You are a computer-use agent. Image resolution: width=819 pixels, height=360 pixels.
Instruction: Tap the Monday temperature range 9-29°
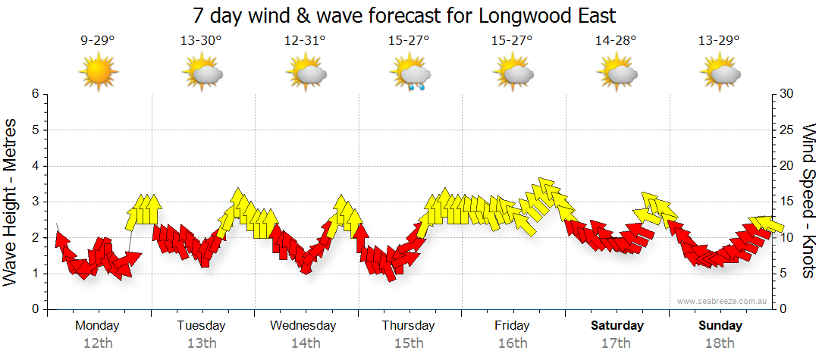tap(97, 40)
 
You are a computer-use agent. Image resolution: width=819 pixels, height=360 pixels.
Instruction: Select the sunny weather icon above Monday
tap(99, 73)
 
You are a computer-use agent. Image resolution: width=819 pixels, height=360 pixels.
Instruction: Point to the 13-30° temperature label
tap(201, 40)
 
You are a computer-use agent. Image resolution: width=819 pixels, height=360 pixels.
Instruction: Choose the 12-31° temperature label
tap(305, 40)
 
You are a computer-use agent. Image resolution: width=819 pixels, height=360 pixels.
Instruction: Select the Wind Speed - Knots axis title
tap(808, 201)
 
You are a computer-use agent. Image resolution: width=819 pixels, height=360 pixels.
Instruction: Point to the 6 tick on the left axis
tap(34, 94)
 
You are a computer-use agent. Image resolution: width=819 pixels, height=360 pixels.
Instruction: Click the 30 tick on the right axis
tap(788, 94)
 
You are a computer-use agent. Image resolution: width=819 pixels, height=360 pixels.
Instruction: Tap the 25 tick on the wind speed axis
tap(788, 130)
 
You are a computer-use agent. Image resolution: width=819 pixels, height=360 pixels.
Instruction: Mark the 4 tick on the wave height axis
tap(34, 166)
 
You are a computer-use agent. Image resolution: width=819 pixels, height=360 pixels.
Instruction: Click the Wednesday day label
tap(303, 326)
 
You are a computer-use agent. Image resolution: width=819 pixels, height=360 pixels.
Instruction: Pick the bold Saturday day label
tap(617, 326)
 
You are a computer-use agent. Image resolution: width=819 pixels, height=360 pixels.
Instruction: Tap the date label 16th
tap(513, 343)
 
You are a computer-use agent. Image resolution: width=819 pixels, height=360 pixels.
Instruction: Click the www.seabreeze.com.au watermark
tap(723, 301)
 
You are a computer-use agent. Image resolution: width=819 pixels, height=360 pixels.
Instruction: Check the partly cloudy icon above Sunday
tap(720, 74)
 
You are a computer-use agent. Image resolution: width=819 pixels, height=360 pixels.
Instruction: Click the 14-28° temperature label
tap(616, 40)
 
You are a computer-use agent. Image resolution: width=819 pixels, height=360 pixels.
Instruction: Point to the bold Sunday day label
tap(720, 326)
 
